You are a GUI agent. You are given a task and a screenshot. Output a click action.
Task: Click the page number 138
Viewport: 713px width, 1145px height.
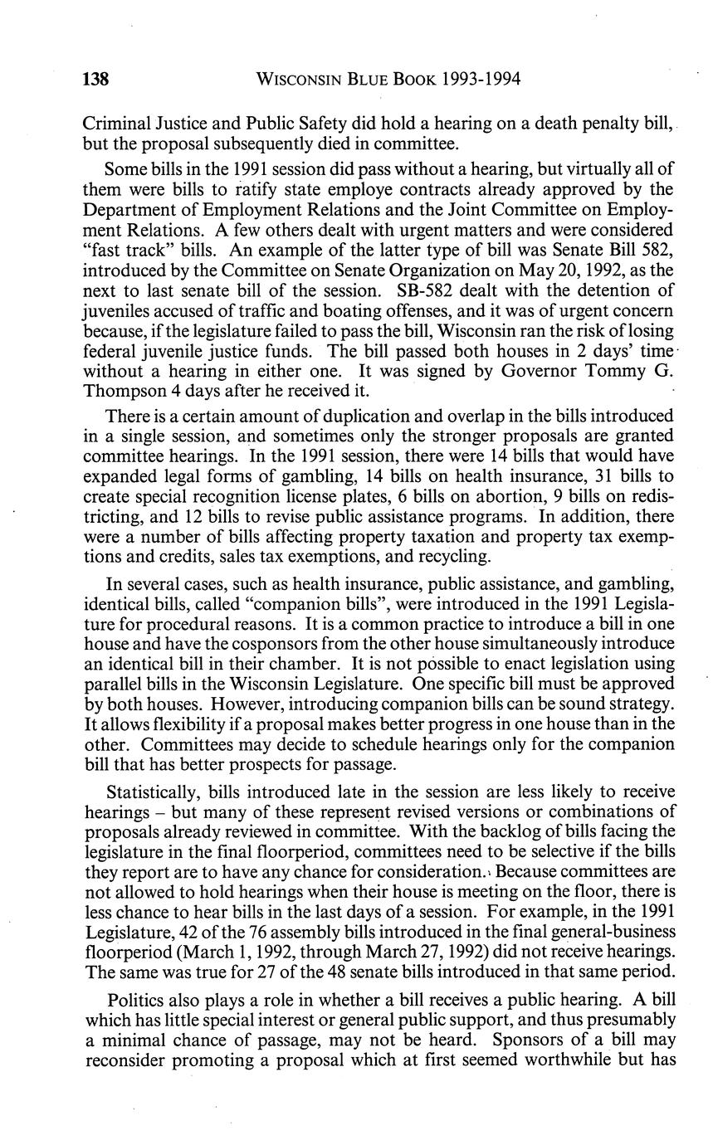[x=96, y=80]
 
